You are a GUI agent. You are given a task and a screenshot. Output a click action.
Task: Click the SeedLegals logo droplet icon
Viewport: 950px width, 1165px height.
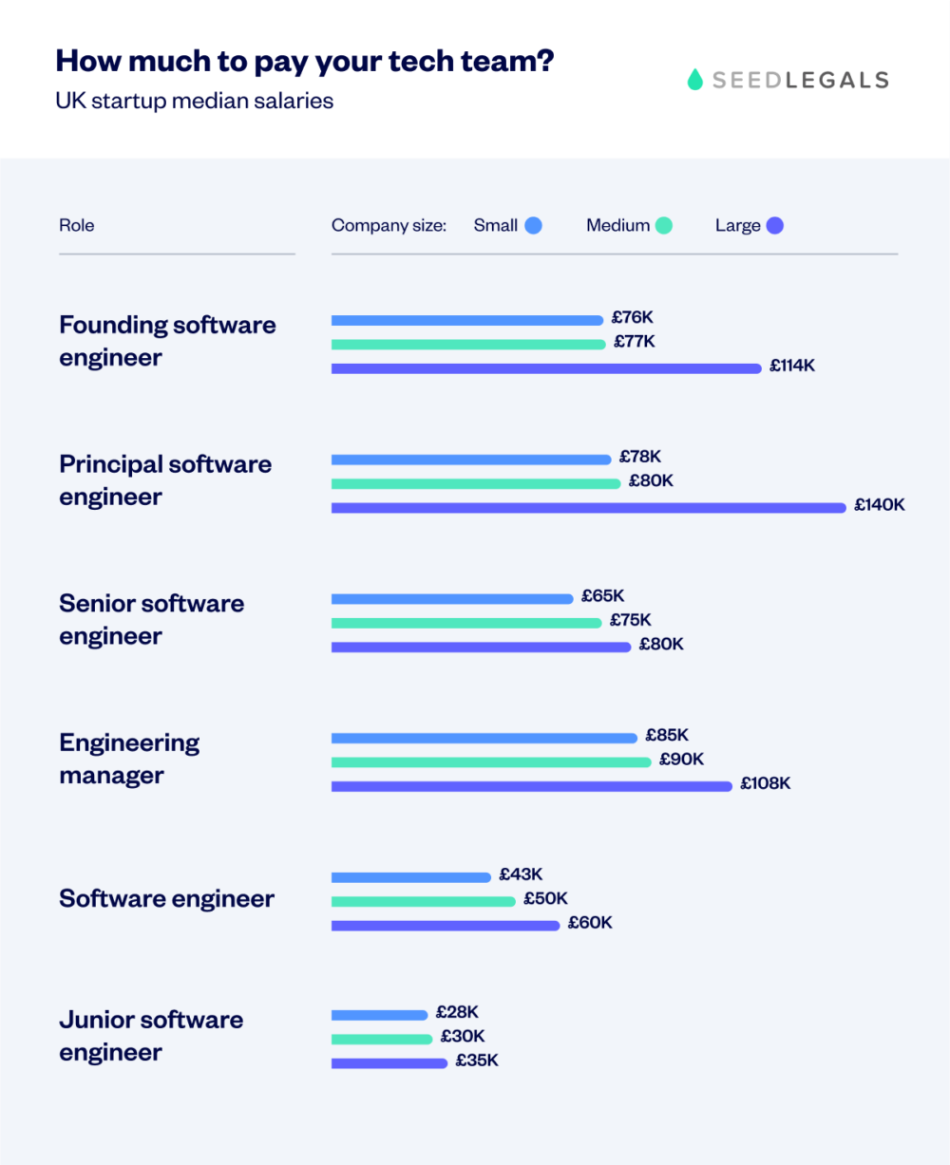(x=694, y=80)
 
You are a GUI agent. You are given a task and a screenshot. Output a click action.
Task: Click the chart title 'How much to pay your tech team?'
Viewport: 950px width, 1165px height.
(x=305, y=61)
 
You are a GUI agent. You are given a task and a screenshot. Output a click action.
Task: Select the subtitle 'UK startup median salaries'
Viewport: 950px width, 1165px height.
(x=195, y=101)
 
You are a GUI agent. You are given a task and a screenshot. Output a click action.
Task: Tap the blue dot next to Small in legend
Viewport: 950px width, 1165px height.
(x=533, y=226)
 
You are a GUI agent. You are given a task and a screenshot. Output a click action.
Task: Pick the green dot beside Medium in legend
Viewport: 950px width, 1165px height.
(x=663, y=226)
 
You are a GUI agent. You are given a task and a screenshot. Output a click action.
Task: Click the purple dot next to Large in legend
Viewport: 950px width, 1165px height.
(x=774, y=226)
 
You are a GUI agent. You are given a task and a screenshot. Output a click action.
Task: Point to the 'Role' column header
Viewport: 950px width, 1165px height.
(x=77, y=226)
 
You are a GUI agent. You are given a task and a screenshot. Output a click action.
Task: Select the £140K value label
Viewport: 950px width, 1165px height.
(x=879, y=505)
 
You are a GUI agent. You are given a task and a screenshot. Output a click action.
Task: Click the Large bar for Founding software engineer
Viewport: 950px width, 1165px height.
(x=546, y=368)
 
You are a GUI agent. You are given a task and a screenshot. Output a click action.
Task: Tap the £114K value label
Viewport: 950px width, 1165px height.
(x=792, y=366)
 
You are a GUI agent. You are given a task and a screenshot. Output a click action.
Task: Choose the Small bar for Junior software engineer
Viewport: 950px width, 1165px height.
(x=380, y=1015)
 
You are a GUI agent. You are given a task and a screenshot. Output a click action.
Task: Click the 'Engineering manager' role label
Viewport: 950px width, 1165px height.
(x=129, y=759)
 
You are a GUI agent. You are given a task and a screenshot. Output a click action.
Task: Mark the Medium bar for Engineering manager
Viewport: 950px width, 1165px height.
(x=491, y=762)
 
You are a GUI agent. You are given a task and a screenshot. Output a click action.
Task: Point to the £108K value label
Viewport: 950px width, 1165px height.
(x=766, y=783)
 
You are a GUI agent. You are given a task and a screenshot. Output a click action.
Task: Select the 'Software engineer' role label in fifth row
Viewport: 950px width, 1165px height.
(x=166, y=899)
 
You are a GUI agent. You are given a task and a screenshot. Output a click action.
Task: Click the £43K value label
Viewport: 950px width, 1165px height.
(x=521, y=874)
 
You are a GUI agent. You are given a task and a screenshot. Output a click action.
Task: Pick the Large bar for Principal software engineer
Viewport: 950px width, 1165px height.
(x=588, y=508)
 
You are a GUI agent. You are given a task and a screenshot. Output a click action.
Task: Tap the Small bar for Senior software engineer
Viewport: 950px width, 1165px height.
(x=452, y=599)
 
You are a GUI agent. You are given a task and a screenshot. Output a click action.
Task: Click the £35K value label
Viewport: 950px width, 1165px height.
(x=477, y=1061)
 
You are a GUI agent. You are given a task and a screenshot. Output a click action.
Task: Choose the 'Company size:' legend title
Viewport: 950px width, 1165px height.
(x=389, y=226)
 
